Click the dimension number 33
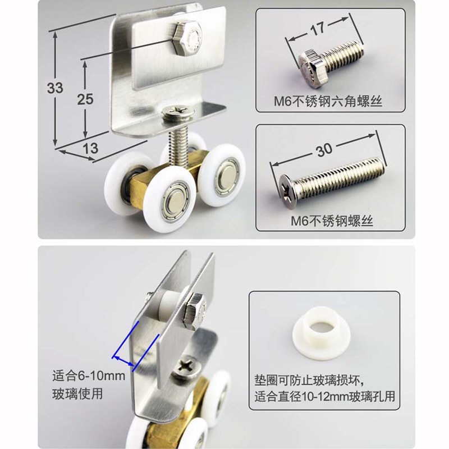[x=55, y=88]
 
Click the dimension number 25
[x=85, y=99]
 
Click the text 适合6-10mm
[x=88, y=376]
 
